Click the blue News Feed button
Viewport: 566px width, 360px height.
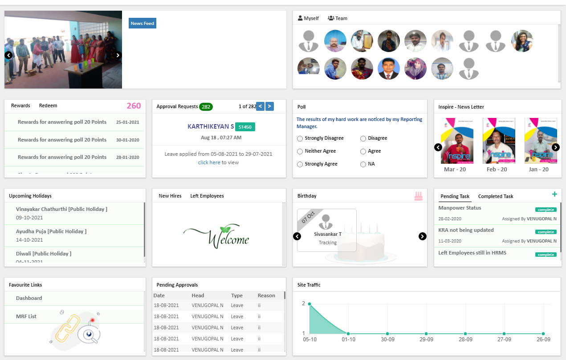143,23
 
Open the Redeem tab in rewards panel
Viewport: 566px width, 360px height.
48,105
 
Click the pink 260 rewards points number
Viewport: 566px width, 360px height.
134,106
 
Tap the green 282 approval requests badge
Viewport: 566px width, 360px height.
206,107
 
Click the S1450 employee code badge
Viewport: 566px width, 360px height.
245,127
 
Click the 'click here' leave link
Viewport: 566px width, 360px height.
209,162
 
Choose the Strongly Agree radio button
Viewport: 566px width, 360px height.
300,164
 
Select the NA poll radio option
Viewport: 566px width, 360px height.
363,164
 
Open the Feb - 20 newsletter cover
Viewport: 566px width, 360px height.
497,141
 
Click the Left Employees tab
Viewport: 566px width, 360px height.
207,196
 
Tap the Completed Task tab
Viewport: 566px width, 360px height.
496,196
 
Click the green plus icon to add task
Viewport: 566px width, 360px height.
554,194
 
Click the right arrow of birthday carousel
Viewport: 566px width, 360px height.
423,236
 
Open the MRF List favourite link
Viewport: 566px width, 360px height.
26,316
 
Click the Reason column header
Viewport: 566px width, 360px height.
266,295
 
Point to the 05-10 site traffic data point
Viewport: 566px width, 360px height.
309,304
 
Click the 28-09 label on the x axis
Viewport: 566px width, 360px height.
465,339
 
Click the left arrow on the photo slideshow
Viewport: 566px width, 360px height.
8,55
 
